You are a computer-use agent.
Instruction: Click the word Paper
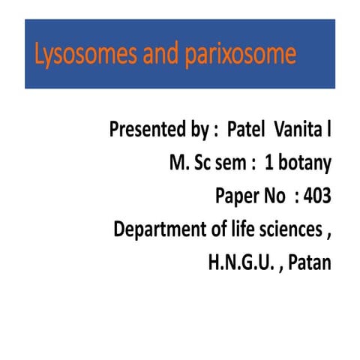pos(237,196)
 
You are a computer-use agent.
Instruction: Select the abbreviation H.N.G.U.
pos(238,262)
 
